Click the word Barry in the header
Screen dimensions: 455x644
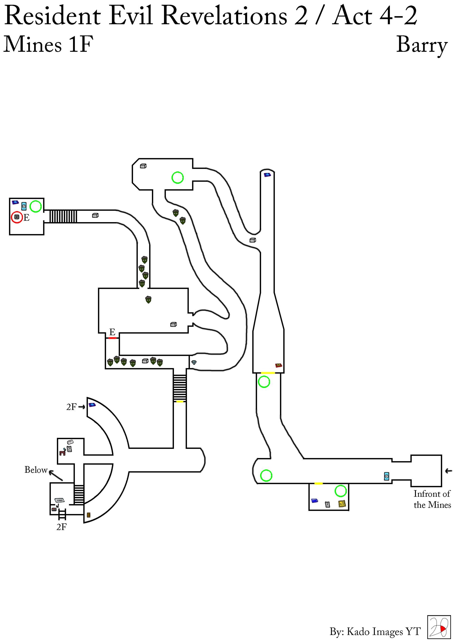422,45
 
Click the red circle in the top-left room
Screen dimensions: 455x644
17,217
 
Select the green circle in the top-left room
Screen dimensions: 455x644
36,207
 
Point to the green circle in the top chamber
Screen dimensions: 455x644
177,178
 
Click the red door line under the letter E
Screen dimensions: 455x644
112,338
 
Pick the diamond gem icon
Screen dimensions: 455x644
194,362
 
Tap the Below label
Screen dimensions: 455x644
36,470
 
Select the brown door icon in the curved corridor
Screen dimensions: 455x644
89,515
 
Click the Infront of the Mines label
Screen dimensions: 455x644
432,499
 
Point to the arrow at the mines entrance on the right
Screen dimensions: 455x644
449,471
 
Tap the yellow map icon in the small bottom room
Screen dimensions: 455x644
342,504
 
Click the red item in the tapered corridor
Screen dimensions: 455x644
278,365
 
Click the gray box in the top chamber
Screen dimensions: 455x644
143,166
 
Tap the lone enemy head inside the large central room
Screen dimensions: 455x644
148,299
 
